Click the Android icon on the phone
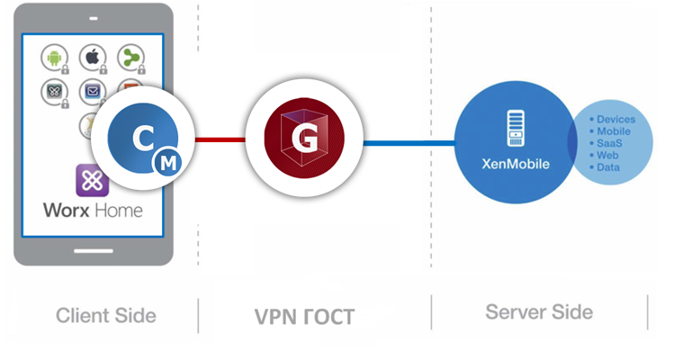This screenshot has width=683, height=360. click(x=54, y=58)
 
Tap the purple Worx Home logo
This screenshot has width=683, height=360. click(x=91, y=180)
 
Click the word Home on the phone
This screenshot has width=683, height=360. click(x=118, y=211)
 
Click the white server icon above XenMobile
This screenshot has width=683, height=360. click(x=515, y=127)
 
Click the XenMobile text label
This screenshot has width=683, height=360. click(x=515, y=164)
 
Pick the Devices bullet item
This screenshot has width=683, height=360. click(x=616, y=119)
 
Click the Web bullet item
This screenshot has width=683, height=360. click(x=607, y=155)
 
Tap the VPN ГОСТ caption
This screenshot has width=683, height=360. click(x=304, y=317)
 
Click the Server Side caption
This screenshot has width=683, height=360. click(x=538, y=312)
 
